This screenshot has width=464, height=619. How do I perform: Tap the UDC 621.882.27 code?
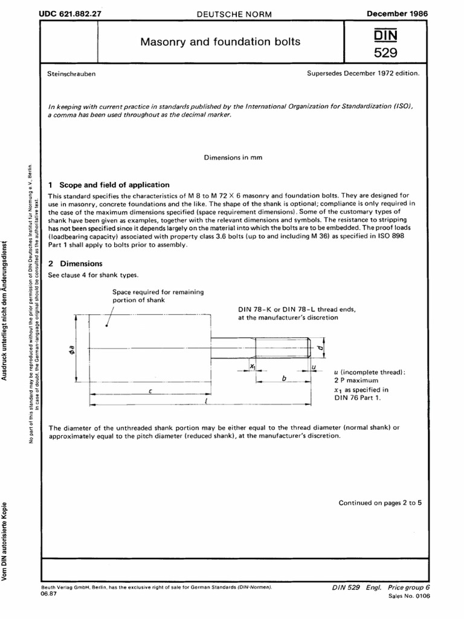coord(70,12)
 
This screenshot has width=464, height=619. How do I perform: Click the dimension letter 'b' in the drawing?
coord(283,377)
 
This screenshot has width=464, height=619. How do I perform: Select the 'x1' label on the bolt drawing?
coord(253,366)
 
